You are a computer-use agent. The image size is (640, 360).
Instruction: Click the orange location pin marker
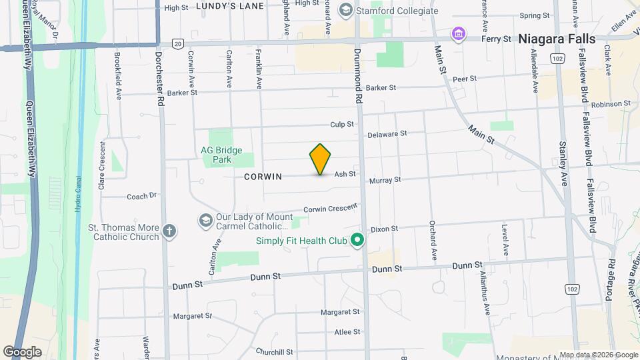click(x=320, y=159)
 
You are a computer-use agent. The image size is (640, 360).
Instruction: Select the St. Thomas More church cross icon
click(x=169, y=231)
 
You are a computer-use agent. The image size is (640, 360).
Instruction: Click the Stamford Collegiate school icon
click(x=346, y=11)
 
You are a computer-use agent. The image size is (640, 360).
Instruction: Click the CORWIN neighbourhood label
click(x=263, y=177)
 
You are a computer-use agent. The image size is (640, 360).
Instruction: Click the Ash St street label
click(x=345, y=173)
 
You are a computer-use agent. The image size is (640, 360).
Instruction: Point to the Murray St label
click(x=385, y=180)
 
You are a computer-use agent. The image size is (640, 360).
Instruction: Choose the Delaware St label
click(x=387, y=133)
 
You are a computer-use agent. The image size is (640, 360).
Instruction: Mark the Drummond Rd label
click(x=358, y=73)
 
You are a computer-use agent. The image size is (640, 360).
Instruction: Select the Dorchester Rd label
click(x=160, y=80)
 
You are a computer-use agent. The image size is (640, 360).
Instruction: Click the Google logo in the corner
click(x=22, y=351)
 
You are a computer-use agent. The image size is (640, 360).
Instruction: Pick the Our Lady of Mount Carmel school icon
click(x=205, y=220)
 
